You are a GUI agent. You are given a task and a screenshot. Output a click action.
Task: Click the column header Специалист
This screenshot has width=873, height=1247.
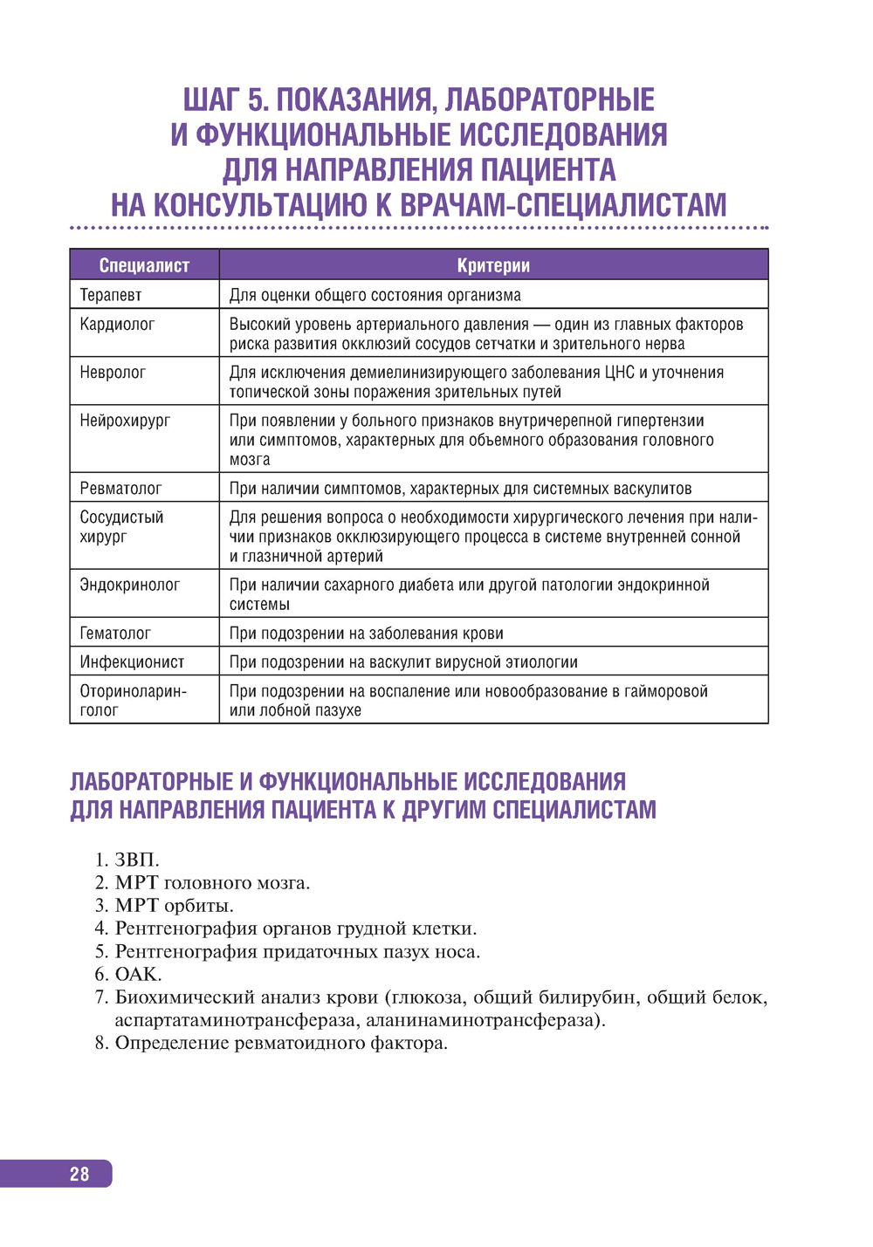click(x=144, y=265)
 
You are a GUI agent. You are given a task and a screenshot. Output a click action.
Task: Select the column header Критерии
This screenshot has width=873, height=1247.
click(x=493, y=265)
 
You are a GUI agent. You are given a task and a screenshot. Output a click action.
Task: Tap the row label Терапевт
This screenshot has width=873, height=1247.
click(x=111, y=295)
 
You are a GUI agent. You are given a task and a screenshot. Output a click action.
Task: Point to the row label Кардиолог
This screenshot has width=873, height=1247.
click(x=117, y=325)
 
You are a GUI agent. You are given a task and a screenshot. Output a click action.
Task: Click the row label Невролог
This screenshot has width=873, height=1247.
click(x=113, y=373)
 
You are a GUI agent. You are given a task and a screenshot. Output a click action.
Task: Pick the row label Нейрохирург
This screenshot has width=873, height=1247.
click(x=126, y=421)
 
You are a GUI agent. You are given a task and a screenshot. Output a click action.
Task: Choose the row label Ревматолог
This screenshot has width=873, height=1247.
click(x=120, y=489)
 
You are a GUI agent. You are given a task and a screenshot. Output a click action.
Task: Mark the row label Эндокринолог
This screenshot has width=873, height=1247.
click(x=130, y=585)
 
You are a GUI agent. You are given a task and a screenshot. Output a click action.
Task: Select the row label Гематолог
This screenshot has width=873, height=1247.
click(x=115, y=634)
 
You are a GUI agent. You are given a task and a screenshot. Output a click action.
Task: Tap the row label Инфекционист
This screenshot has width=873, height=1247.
click(x=132, y=662)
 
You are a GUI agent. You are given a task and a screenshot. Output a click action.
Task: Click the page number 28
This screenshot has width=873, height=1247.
click(x=79, y=1174)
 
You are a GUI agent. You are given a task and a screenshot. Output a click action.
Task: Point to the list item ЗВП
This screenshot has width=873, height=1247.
click(x=137, y=860)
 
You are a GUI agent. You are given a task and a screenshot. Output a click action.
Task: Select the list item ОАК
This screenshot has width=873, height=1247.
click(x=138, y=974)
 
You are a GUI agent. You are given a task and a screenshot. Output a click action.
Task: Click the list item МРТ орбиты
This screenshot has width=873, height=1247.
click(x=175, y=906)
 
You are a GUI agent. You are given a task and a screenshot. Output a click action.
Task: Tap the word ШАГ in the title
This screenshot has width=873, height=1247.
click(x=211, y=100)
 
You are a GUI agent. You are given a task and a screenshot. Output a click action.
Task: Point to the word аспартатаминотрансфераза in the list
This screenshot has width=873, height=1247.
click(x=235, y=1020)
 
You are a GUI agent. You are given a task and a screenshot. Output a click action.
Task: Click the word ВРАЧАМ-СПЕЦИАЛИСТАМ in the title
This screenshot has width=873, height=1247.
click(x=563, y=205)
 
